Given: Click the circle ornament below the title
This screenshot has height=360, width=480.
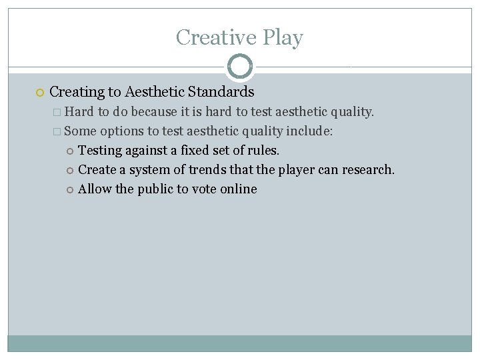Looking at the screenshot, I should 239,67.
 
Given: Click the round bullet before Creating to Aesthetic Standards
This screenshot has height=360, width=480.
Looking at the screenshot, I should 39,92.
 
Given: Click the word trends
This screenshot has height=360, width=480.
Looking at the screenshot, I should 203,170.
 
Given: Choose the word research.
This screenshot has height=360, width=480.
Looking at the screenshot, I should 368,170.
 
